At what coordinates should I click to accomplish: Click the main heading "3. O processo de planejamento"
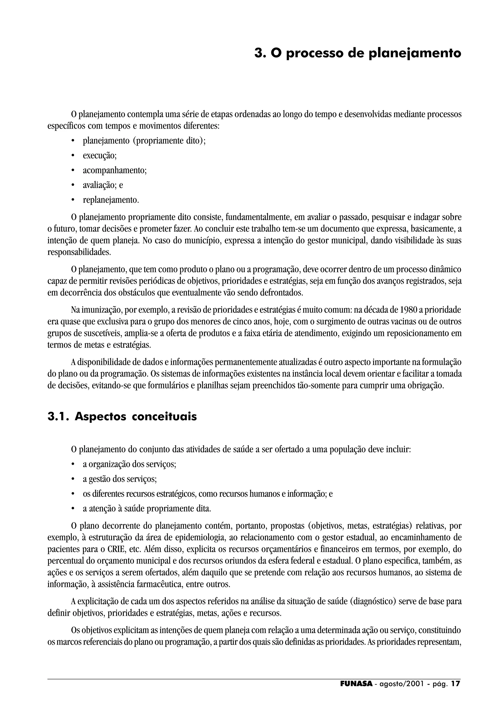[x=357, y=53]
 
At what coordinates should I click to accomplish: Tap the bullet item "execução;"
[x=100, y=155]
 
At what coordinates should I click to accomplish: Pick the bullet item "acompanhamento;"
[x=115, y=170]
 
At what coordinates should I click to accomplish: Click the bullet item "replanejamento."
[x=111, y=200]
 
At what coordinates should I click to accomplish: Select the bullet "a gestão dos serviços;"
[x=120, y=479]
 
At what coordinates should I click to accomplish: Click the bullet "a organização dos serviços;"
[x=130, y=464]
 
